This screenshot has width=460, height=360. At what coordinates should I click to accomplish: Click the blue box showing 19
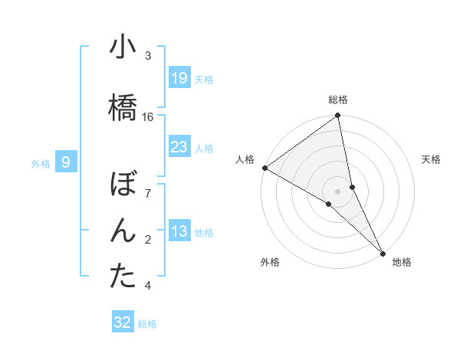click(x=179, y=77)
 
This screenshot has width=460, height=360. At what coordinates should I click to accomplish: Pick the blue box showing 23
click(x=179, y=146)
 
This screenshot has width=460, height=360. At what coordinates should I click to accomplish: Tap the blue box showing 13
click(x=179, y=231)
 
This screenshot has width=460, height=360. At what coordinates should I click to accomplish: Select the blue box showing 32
click(x=123, y=322)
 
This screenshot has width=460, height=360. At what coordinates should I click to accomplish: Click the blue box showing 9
click(x=67, y=162)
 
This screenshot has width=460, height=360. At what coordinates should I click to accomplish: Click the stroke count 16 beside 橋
click(x=148, y=116)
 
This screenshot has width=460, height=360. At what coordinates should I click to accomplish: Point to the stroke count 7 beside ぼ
click(x=148, y=192)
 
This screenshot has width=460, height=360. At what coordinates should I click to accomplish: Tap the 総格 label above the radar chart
click(x=338, y=100)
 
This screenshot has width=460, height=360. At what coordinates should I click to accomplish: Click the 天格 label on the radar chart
click(x=432, y=159)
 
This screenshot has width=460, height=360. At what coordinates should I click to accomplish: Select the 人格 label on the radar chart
click(x=245, y=159)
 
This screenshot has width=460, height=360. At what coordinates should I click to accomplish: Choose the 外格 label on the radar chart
click(x=270, y=262)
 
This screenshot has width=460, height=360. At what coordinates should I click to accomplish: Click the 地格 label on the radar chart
click(x=402, y=262)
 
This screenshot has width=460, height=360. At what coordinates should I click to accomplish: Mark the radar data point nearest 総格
click(x=338, y=116)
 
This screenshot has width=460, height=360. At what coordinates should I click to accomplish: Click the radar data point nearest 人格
click(x=264, y=168)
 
